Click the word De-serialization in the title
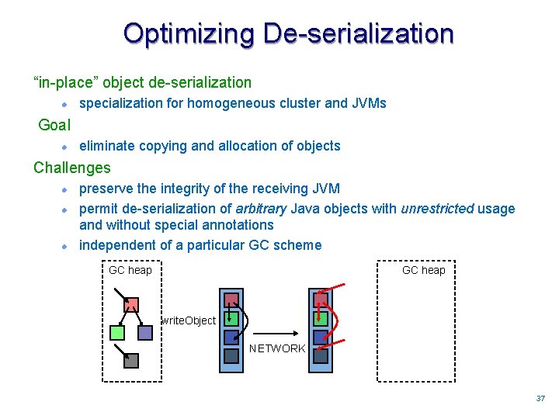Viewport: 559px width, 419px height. pyautogui.click(x=358, y=33)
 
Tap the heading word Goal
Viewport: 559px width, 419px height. pyautogui.click(x=54, y=125)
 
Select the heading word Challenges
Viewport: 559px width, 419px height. pyautogui.click(x=72, y=168)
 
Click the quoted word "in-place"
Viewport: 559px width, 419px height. pyautogui.click(x=64, y=82)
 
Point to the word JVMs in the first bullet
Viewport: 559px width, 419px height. pyautogui.click(x=367, y=103)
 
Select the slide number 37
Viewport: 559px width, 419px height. pyautogui.click(x=540, y=398)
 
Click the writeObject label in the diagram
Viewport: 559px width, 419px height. pyautogui.click(x=189, y=320)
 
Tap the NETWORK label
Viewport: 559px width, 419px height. pyautogui.click(x=277, y=348)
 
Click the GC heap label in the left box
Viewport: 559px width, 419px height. pyautogui.click(x=130, y=270)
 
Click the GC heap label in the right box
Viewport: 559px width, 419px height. pyautogui.click(x=423, y=270)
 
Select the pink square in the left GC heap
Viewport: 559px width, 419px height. pyautogui.click(x=132, y=305)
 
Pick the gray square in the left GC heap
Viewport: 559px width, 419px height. pyautogui.click(x=131, y=360)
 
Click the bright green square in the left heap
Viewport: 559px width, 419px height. pyautogui.click(x=117, y=333)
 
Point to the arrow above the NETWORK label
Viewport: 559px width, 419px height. pyautogui.click(x=276, y=328)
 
